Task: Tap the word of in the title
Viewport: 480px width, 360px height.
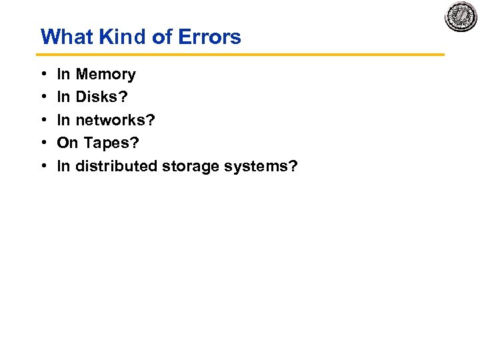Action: point(162,37)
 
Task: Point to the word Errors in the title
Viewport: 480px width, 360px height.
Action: point(209,37)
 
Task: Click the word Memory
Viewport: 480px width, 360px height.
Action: point(105,75)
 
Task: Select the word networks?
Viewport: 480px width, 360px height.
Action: point(115,120)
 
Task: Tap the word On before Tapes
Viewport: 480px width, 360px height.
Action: point(67,143)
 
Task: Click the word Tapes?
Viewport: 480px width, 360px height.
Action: point(111,143)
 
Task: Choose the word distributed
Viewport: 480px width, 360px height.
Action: point(116,166)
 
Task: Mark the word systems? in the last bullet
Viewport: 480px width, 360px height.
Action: point(261,166)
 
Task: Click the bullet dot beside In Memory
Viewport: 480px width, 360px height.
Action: point(43,75)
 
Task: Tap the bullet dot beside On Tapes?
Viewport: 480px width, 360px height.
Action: point(43,143)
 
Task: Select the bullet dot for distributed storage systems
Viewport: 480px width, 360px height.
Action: point(43,166)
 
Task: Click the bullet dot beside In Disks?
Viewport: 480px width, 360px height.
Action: point(43,97)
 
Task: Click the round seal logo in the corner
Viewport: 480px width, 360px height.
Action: point(461,16)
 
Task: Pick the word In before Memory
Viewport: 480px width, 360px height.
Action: point(63,75)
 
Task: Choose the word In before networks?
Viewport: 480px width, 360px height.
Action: point(63,120)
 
